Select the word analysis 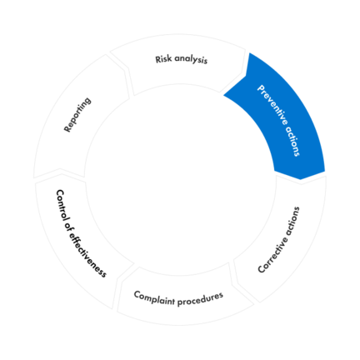tap(191, 60)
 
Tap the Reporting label tap(77, 114)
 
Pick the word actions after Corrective tap(292, 220)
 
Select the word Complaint tap(154, 298)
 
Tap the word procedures tap(200, 298)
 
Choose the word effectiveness tap(87, 255)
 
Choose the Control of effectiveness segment tap(77, 239)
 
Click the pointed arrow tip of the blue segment tap(301, 179)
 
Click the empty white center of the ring tap(180, 180)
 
